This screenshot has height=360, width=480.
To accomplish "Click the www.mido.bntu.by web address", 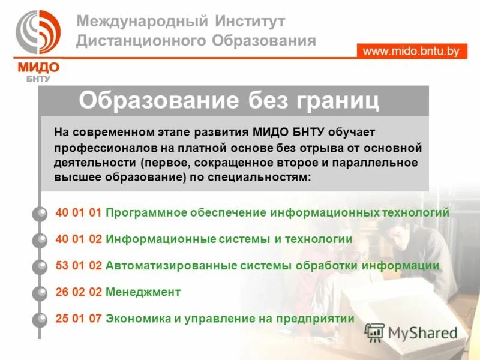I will [x=411, y=51].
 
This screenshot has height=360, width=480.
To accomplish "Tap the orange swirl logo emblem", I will [x=37, y=32].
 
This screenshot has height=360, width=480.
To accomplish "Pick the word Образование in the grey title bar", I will [x=159, y=100].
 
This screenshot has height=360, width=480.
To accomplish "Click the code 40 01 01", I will [x=79, y=212].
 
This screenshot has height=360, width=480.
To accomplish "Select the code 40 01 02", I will [x=79, y=239].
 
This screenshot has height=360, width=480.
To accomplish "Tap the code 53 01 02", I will [x=79, y=265].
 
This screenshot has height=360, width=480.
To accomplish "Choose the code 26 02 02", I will [x=79, y=292].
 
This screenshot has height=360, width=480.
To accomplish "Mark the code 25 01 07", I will [x=79, y=319].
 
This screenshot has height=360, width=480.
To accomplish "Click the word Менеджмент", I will [x=143, y=292].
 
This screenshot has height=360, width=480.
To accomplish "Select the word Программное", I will [x=146, y=212].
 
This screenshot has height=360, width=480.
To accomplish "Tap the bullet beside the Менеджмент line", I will [x=40, y=293].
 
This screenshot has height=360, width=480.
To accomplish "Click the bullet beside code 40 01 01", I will [x=40, y=213].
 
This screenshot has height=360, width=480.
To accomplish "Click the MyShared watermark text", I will [x=422, y=332].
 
